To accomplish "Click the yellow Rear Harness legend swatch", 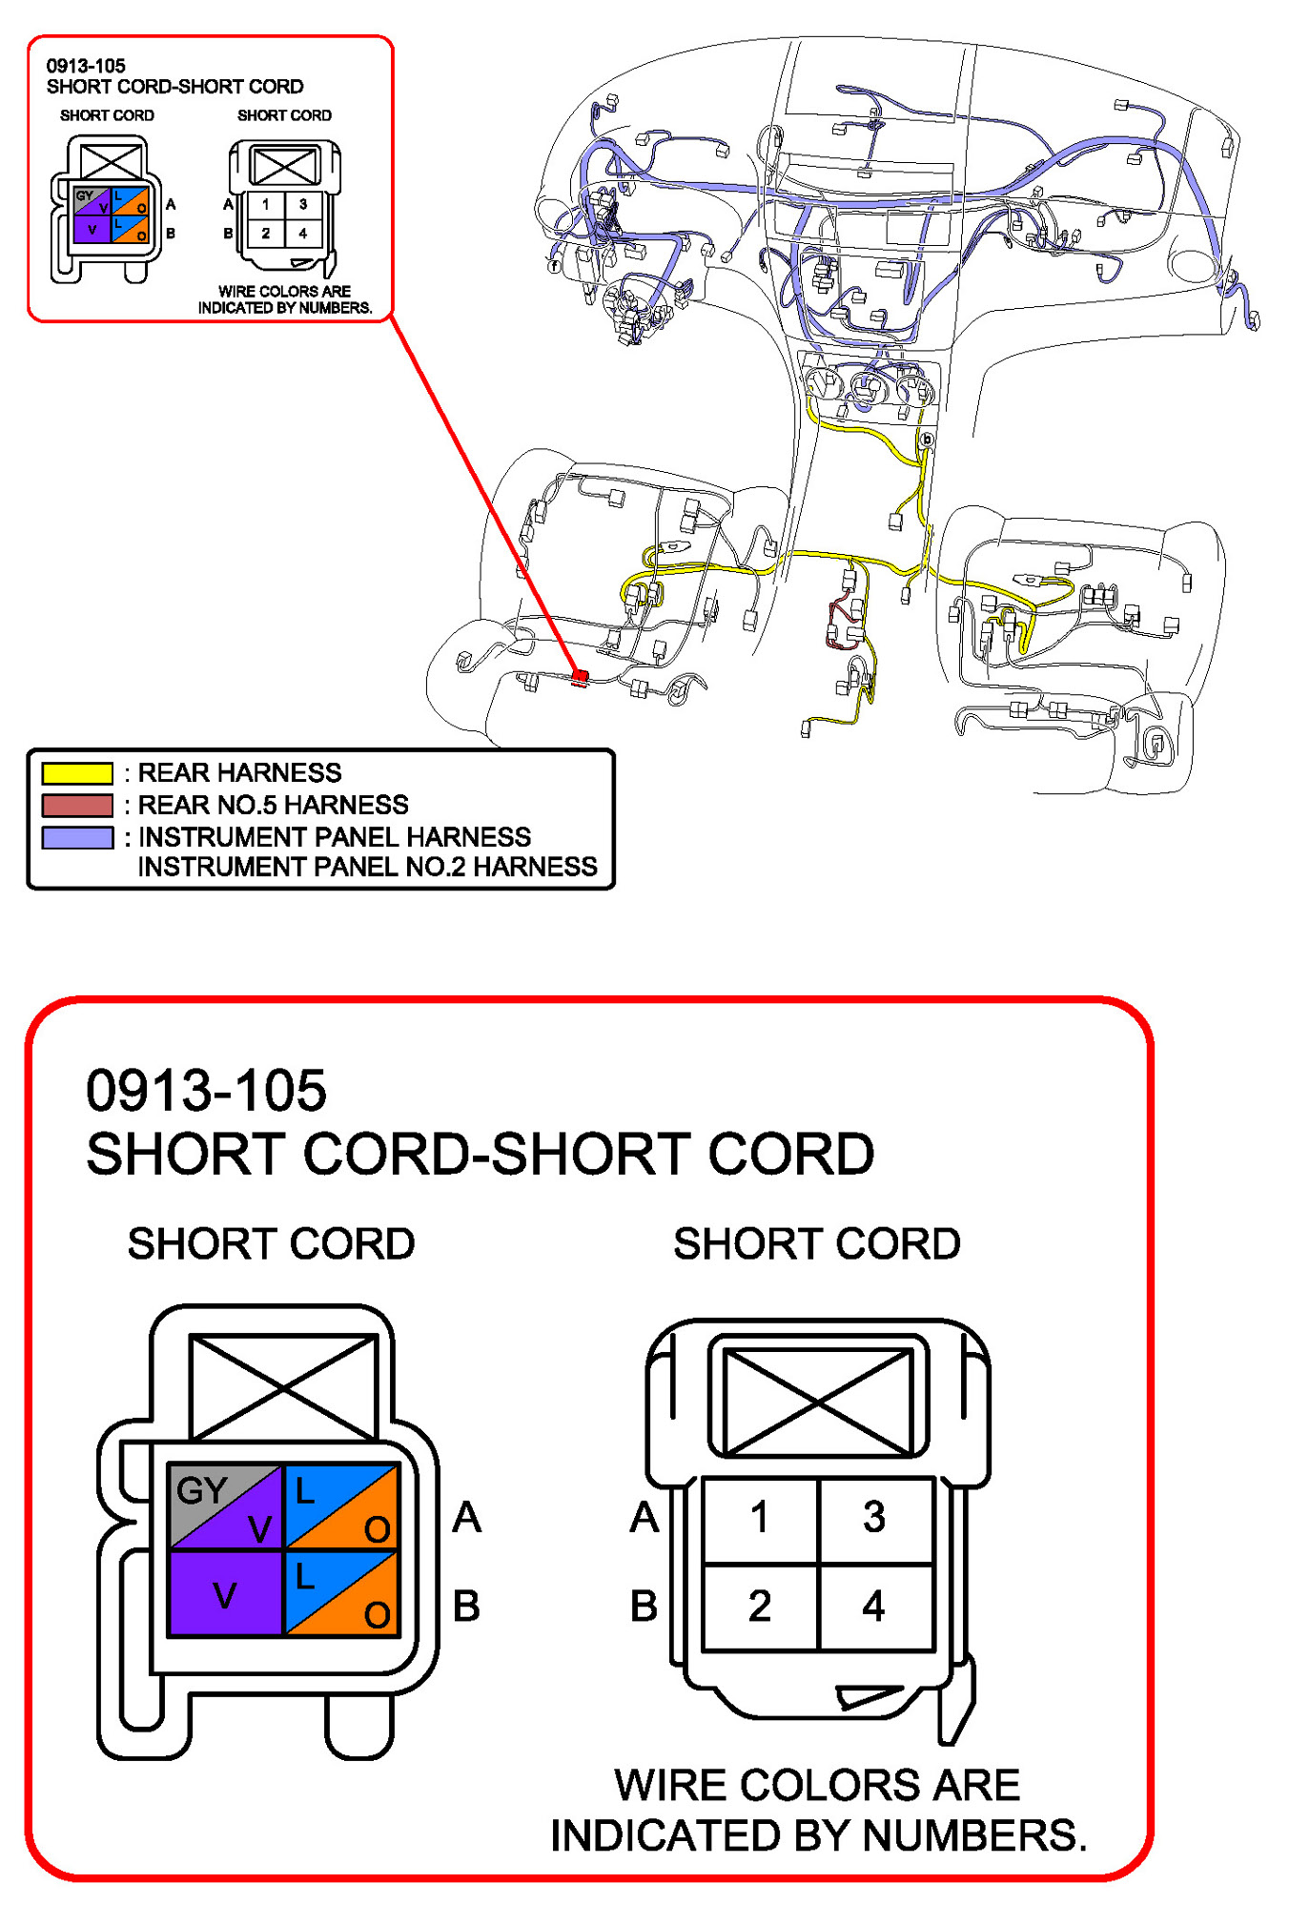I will click(x=77, y=773).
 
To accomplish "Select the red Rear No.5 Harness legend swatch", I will click(x=77, y=806).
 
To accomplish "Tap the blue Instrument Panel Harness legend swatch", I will click(x=77, y=838).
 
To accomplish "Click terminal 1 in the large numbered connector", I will click(x=759, y=1517).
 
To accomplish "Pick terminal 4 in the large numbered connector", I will click(x=873, y=1607).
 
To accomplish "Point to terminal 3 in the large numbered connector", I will click(x=873, y=1517).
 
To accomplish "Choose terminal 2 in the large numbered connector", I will click(x=759, y=1607).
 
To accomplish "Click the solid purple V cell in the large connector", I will click(x=225, y=1594).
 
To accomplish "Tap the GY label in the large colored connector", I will click(x=201, y=1490).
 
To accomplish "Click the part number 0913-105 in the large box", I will click(x=206, y=1091).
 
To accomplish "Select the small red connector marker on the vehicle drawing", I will click(x=580, y=678).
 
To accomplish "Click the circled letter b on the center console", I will click(x=926, y=440).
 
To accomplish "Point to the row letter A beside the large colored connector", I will click(x=466, y=1517).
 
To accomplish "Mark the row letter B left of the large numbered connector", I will click(x=644, y=1607).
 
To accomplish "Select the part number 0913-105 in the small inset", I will click(x=86, y=66).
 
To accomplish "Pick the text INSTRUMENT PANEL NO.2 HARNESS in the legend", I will click(x=367, y=867).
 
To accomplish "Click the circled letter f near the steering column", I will click(x=555, y=265).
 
